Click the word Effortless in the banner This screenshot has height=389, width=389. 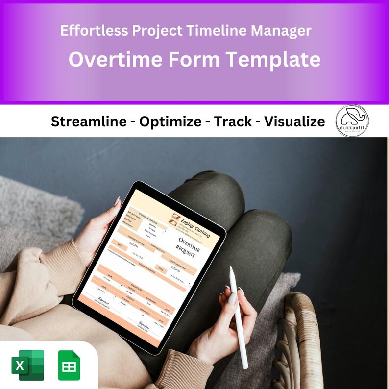(x=89, y=31)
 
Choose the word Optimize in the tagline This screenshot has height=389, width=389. (x=171, y=122)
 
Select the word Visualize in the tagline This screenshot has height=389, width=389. (x=294, y=122)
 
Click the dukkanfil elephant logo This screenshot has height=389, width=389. (x=352, y=121)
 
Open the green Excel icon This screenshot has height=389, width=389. (x=27, y=365)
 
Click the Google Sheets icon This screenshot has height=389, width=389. (x=69, y=365)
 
